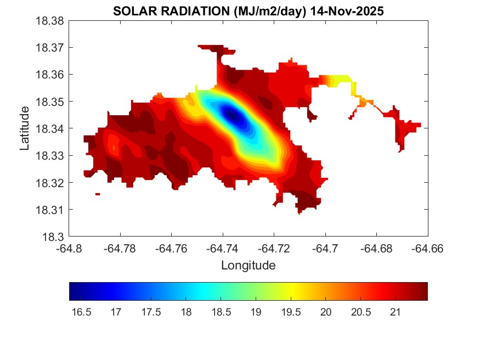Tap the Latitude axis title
(x=24, y=129)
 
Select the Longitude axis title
(x=248, y=266)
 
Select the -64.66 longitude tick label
(x=428, y=249)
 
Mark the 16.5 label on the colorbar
(x=81, y=312)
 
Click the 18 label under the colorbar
(x=186, y=312)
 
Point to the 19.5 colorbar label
(x=291, y=312)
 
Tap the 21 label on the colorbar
(x=396, y=312)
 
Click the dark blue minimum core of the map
(x=232, y=115)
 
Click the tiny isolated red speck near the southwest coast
(x=98, y=194)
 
